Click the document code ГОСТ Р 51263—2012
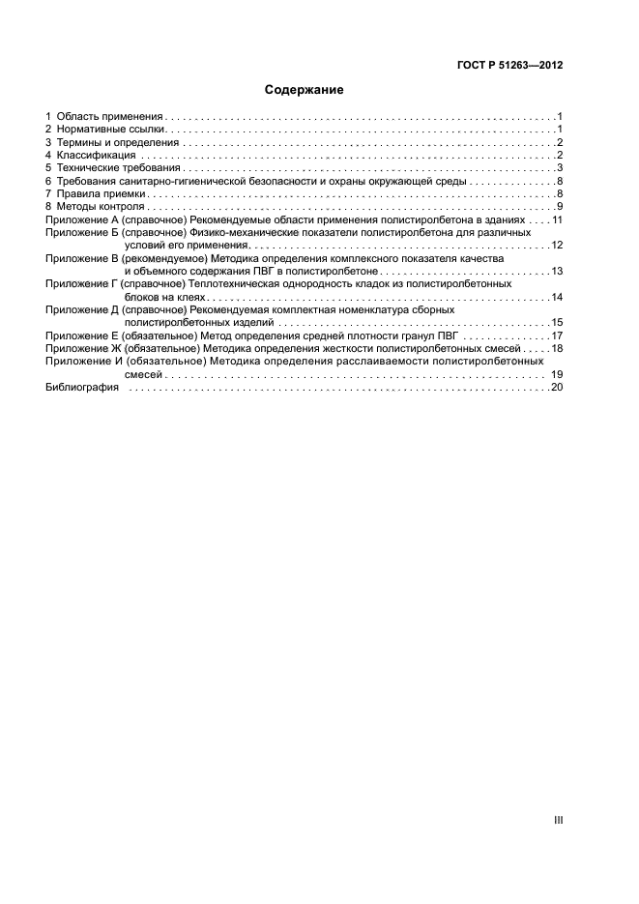509,66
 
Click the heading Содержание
305,90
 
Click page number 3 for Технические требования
560,168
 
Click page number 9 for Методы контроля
560,207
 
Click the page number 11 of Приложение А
557,220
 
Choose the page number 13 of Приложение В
557,272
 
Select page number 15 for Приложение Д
557,323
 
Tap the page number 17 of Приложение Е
557,335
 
